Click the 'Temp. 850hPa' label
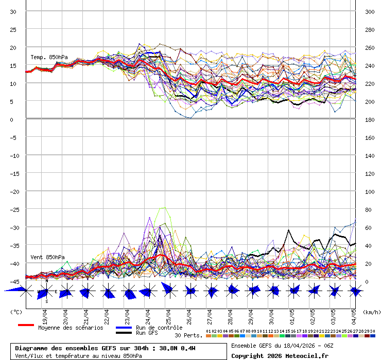pos(49,57)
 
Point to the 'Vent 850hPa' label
pos(47,257)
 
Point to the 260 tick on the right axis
pos(370,48)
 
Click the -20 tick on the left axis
pos(13,191)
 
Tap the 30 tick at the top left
pos(13,12)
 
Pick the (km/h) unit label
pos(371,312)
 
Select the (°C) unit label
pos(16,312)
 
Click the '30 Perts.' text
pos(188,335)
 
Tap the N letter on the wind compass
pos(46,281)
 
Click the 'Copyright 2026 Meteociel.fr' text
pos(280,355)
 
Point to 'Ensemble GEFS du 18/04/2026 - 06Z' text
pos(282,345)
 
